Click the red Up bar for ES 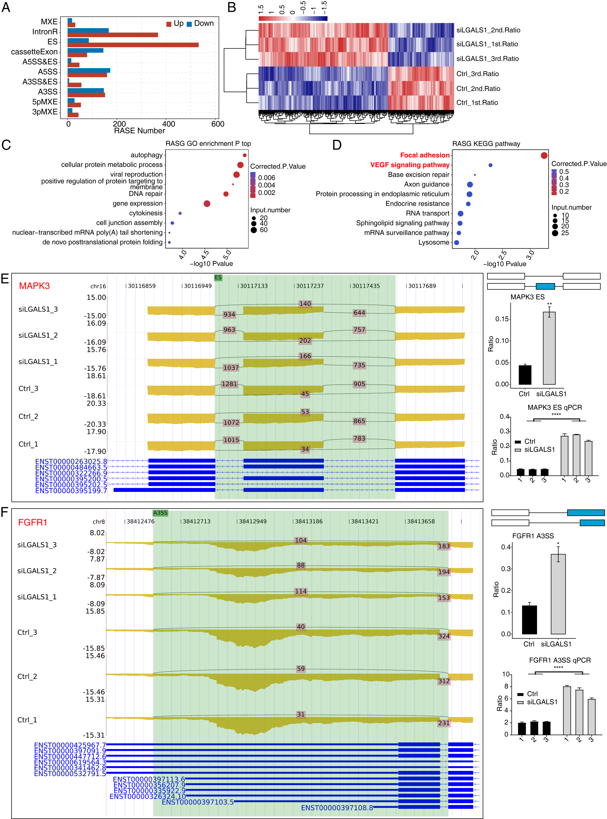[133, 45]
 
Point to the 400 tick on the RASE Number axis [169, 124]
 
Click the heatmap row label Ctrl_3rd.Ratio [477, 74]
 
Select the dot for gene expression [207, 204]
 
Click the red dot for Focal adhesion [544, 155]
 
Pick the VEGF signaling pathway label [410, 165]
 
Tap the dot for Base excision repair [475, 175]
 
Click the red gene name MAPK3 [34, 286]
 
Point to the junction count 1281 [229, 384]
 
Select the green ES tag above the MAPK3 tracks [218, 277]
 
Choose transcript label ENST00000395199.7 [71, 491]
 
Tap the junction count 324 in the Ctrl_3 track [444, 636]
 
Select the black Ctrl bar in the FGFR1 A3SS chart [529, 620]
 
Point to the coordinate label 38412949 [253, 521]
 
